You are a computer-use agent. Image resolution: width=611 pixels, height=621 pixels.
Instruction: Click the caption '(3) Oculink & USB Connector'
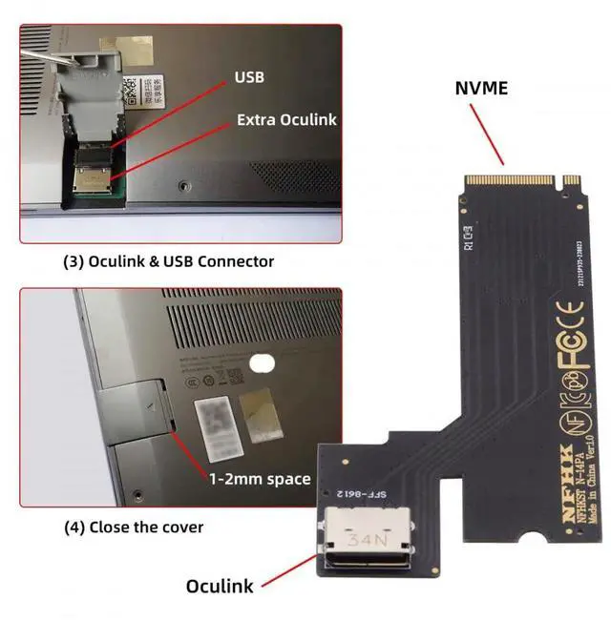coord(168,261)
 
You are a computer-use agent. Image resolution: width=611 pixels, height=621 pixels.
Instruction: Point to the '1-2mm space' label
coord(259,478)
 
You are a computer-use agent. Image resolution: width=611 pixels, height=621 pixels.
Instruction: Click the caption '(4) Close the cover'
coord(133,526)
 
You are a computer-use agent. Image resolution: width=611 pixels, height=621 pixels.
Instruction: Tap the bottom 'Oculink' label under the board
coord(220,585)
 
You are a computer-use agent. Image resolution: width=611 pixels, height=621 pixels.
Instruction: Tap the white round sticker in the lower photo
coord(262,362)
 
